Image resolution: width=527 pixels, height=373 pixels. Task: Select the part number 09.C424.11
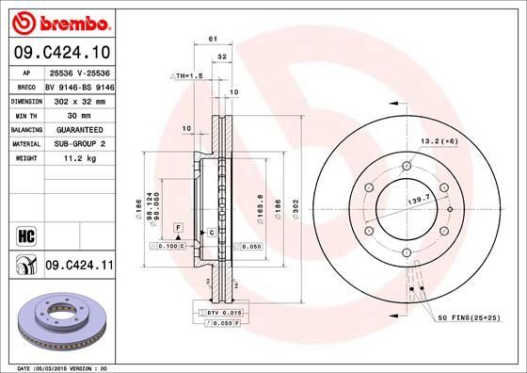click(x=79, y=267)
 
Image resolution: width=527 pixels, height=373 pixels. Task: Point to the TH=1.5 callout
click(x=189, y=75)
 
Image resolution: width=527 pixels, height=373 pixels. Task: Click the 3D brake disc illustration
click(x=66, y=325)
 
